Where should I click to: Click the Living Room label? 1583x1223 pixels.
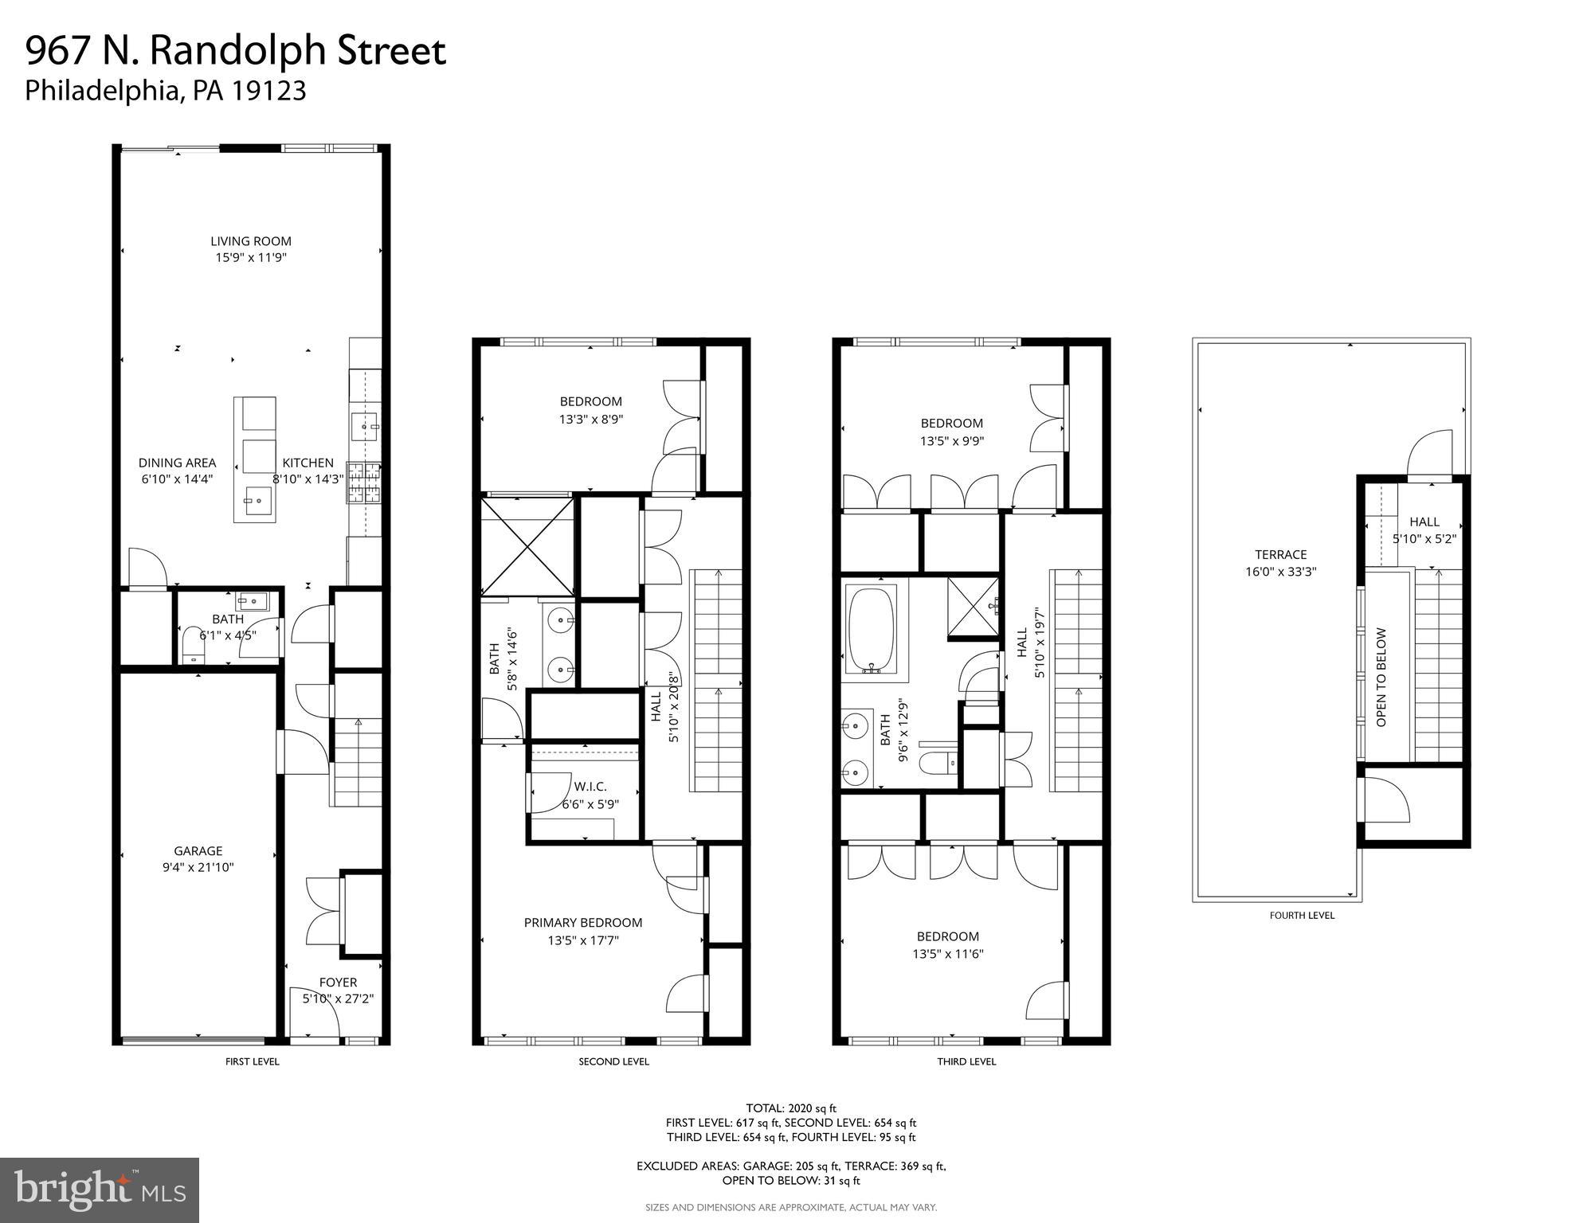click(251, 240)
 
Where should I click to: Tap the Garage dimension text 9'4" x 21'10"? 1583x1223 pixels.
click(198, 868)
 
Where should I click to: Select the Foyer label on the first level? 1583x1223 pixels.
click(338, 983)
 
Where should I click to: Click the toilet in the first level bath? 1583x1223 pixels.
click(193, 644)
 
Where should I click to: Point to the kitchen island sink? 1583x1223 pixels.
click(257, 502)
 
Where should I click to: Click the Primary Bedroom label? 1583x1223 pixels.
click(582, 923)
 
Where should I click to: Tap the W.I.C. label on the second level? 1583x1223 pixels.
click(590, 787)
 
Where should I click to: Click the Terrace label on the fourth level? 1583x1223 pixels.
click(1280, 555)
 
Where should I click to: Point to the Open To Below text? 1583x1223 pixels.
click(1381, 677)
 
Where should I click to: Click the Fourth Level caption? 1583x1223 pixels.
click(1302, 916)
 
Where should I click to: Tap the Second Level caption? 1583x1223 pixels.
click(613, 1061)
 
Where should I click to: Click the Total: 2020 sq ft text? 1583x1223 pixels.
click(790, 1108)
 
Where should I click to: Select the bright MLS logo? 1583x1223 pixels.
click(100, 1190)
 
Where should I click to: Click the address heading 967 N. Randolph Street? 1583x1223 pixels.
click(236, 51)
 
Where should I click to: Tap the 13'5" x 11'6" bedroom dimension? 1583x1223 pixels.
click(947, 954)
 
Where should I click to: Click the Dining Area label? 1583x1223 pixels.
click(177, 463)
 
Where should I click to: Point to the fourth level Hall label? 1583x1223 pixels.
click(1424, 522)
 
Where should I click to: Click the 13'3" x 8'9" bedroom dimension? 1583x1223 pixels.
click(590, 419)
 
